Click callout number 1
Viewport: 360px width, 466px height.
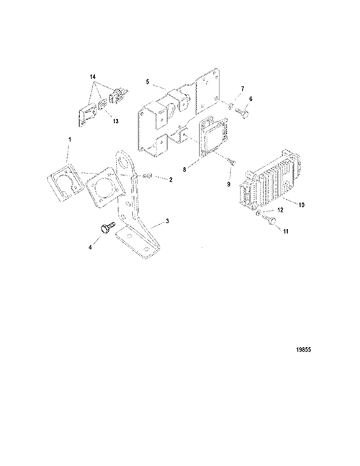(x=70, y=139)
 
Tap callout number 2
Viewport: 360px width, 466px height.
(x=171, y=180)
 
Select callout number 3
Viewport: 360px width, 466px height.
(x=168, y=221)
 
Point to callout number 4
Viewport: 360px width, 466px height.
(x=90, y=246)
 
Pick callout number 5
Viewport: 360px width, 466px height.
(x=148, y=81)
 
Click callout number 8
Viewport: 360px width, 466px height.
(x=251, y=99)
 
